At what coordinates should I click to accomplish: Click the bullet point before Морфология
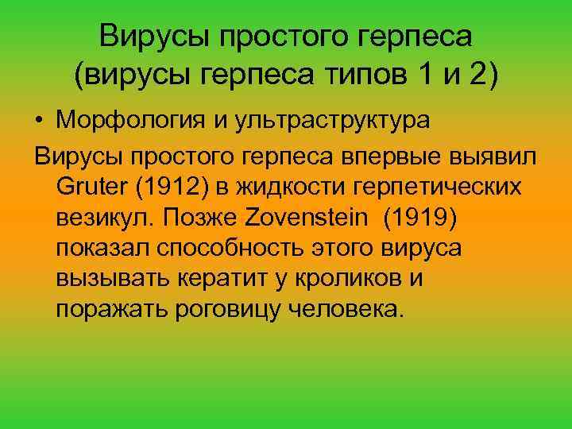pyautogui.click(x=39, y=122)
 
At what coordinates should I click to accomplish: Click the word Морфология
pyautogui.click(x=126, y=122)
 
